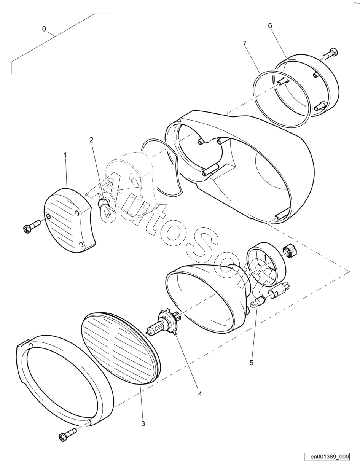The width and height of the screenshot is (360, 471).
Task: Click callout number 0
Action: click(44, 29)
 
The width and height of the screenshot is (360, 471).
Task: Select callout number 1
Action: click(65, 155)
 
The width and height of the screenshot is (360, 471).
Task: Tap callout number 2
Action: click(91, 140)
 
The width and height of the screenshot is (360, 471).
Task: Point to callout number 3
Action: click(143, 423)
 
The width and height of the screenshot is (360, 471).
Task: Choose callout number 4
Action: click(200, 394)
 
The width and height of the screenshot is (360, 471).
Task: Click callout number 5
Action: click(252, 363)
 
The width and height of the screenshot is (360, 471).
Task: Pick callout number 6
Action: click(270, 26)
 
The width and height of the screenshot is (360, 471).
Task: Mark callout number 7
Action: click(245, 43)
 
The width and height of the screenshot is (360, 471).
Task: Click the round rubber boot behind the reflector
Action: click(266, 264)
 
